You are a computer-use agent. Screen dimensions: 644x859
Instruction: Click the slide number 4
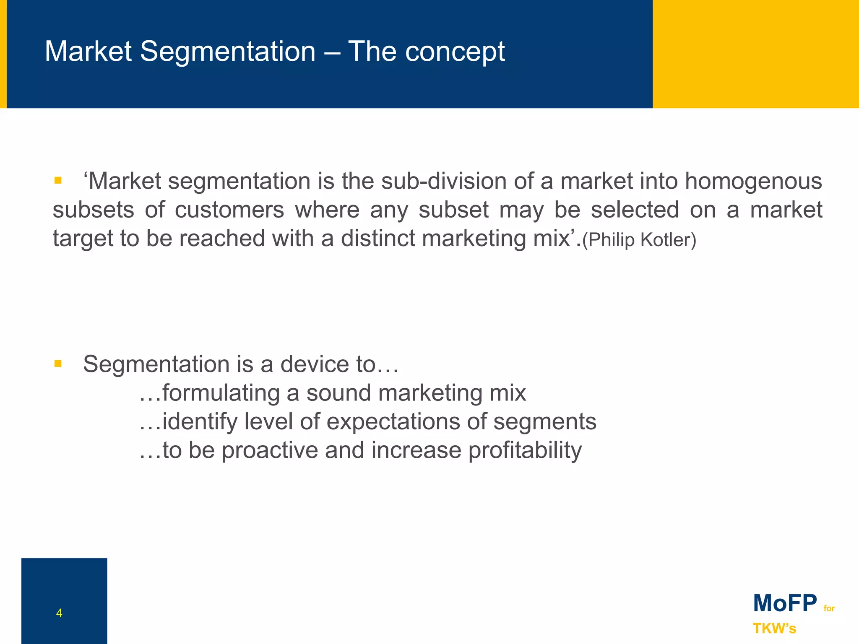click(59, 613)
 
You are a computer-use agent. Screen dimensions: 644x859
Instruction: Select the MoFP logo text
click(785, 603)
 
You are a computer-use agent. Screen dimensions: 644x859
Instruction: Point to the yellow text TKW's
click(774, 628)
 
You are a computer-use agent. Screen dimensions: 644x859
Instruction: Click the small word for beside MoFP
click(829, 608)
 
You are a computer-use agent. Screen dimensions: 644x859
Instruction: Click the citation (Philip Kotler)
click(639, 239)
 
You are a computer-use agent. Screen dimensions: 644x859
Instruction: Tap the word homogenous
click(753, 182)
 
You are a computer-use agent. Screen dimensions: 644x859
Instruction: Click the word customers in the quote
click(229, 210)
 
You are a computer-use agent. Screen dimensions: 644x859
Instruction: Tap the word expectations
click(393, 422)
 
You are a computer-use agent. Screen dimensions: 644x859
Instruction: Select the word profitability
click(525, 450)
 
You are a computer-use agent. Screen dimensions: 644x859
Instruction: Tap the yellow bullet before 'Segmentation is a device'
click(58, 364)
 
